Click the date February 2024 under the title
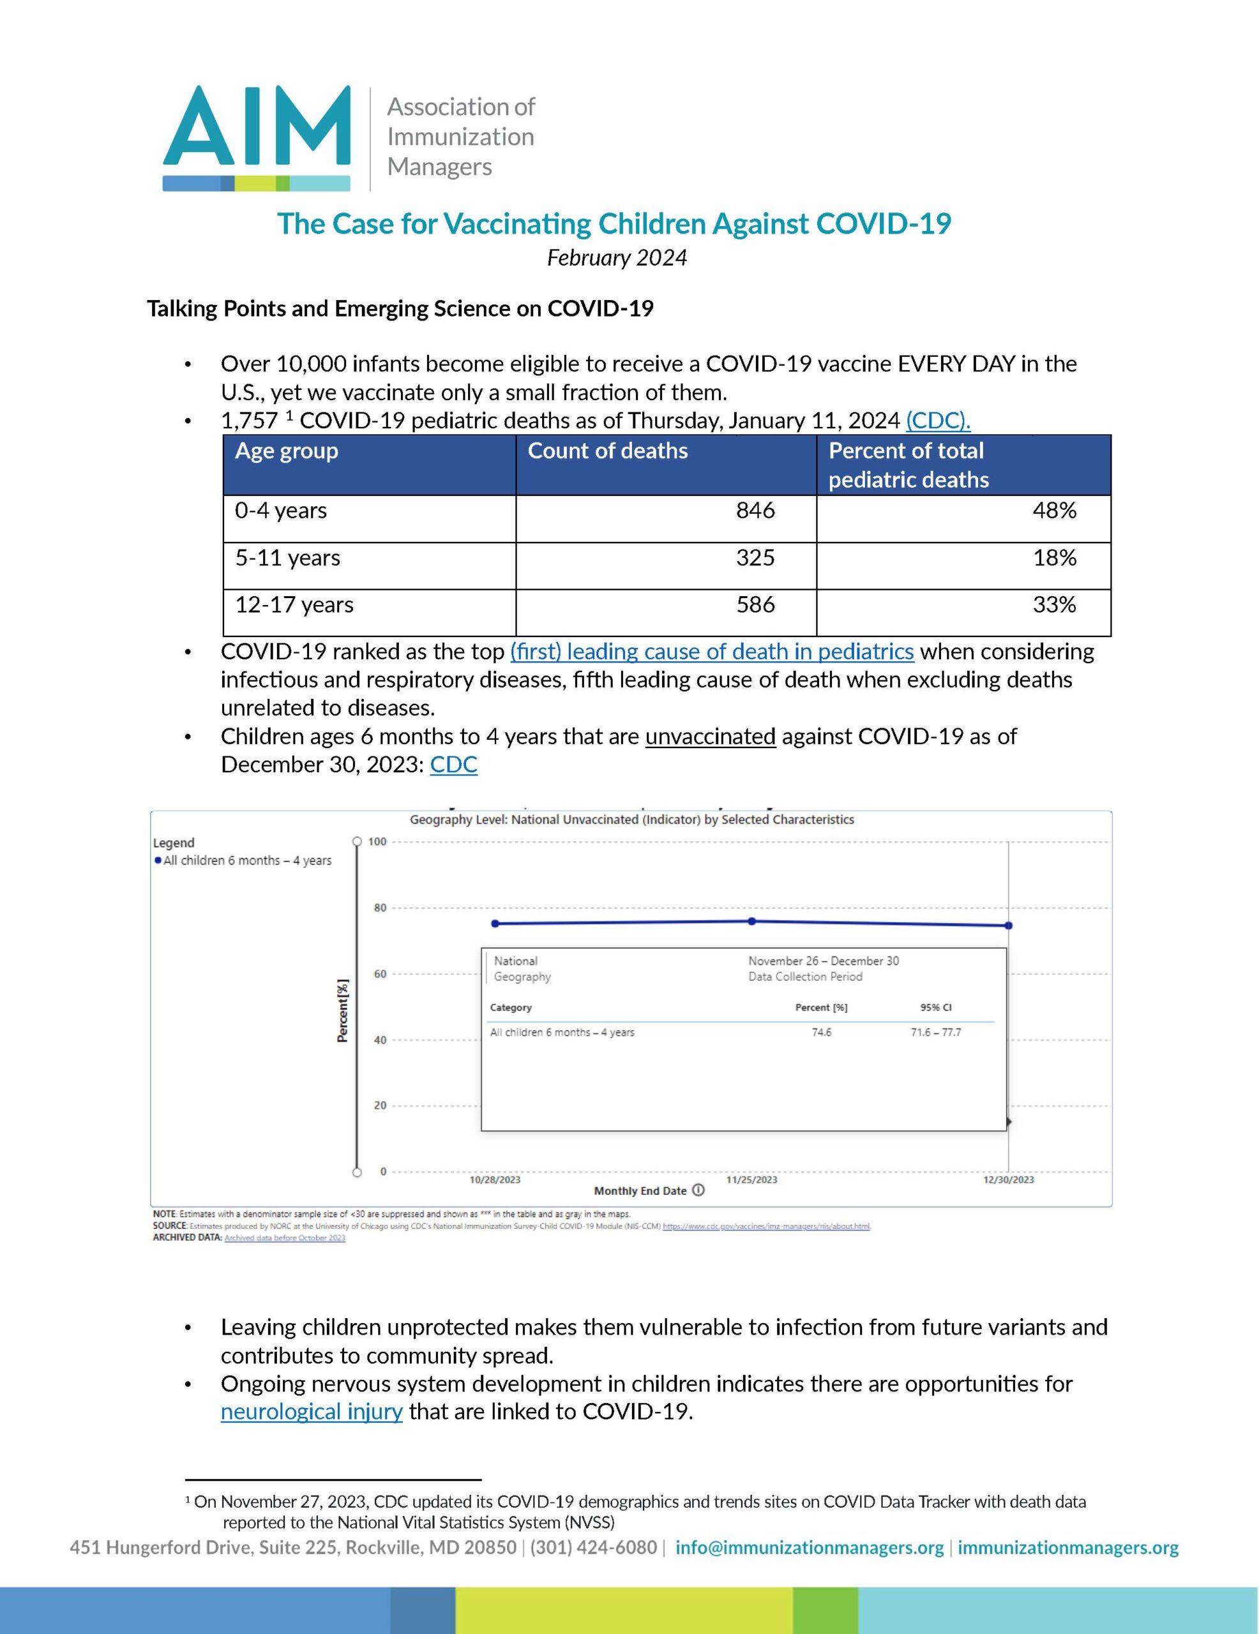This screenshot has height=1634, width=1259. click(617, 257)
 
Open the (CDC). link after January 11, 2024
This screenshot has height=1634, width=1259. click(938, 421)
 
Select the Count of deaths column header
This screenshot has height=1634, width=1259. click(607, 451)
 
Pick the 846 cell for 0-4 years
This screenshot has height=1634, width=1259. click(755, 511)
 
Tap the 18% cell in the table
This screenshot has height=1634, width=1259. click(1054, 558)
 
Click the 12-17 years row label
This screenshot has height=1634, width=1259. click(294, 604)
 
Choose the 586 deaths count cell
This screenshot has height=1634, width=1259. click(755, 604)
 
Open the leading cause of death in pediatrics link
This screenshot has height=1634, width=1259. click(712, 652)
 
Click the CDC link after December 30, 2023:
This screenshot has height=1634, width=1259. click(453, 765)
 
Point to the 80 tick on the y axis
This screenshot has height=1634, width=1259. click(381, 908)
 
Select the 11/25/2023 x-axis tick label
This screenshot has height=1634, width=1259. click(751, 1180)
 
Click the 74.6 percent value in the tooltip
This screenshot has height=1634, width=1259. click(821, 1033)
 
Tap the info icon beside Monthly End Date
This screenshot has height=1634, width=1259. click(698, 1190)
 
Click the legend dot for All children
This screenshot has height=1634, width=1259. click(158, 860)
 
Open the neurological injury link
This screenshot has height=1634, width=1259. click(312, 1412)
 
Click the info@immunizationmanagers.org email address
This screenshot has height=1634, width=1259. click(809, 1547)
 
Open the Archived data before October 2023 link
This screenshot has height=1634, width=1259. click(285, 1238)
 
